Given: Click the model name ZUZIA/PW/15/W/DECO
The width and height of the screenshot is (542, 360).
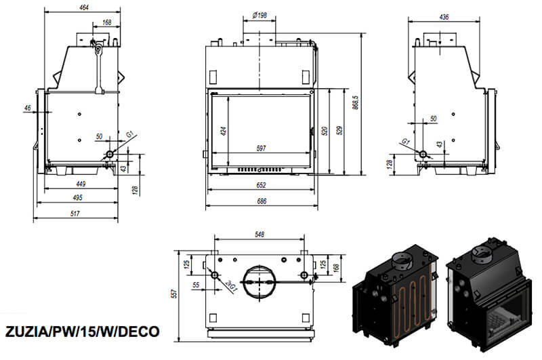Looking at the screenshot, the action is [82, 332].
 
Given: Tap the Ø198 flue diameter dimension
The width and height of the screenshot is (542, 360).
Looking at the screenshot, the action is [259, 15].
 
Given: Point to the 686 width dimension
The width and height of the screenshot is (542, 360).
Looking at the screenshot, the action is [262, 201].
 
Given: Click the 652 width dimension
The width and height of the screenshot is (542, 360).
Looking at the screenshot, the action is [262, 185].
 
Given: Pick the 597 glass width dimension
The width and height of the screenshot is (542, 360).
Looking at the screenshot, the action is [262, 148].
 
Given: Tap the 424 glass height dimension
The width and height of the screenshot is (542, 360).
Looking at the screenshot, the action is [224, 131].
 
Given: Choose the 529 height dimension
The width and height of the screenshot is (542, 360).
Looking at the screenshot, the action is [339, 130].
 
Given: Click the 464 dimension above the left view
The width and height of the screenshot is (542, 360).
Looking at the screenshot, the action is [84, 7].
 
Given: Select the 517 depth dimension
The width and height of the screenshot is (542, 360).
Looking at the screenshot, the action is [75, 214].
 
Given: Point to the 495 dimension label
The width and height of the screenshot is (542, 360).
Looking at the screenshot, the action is [77, 197].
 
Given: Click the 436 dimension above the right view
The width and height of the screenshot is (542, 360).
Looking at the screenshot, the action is [444, 16].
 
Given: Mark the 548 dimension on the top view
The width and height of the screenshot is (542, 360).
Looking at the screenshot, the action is [259, 234].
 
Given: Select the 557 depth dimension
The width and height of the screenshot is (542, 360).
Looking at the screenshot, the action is [175, 294].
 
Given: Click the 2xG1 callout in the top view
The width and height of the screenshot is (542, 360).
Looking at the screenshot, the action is [230, 287].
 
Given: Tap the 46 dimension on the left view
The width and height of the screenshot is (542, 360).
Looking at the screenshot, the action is [28, 108].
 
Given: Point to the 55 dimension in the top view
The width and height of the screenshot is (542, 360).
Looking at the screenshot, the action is [196, 285].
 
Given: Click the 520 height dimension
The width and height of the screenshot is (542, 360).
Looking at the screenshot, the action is [325, 131].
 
